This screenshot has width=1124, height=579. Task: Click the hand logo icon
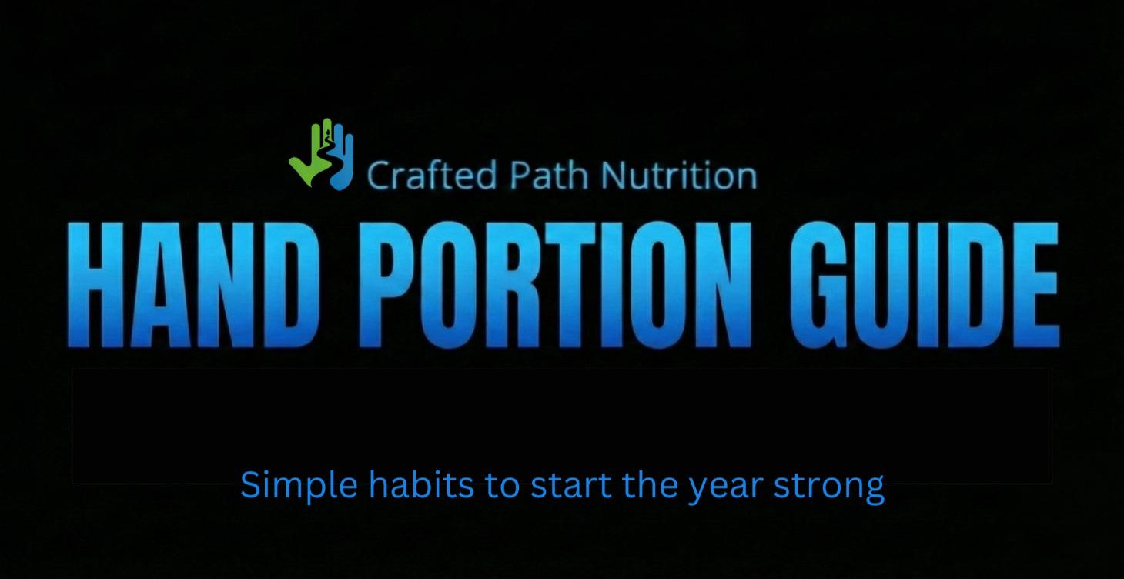[322, 155]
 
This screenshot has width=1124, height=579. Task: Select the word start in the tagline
[560, 486]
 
